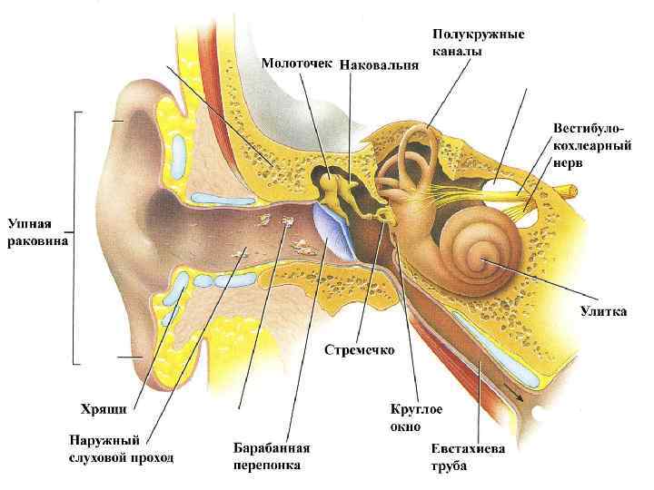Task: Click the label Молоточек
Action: pos(298,64)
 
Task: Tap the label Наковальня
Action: pos(380,64)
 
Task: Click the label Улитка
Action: pos(603,311)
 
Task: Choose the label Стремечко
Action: pos(360,349)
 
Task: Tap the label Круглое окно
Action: pos(417,417)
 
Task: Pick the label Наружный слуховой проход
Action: pos(121,449)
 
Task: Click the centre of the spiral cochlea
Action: pos(479,260)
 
